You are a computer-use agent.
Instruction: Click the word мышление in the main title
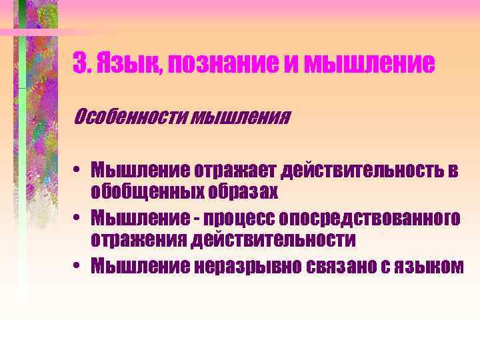369,64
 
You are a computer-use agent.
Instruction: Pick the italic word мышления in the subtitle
232,118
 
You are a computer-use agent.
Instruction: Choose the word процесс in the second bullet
241,218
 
